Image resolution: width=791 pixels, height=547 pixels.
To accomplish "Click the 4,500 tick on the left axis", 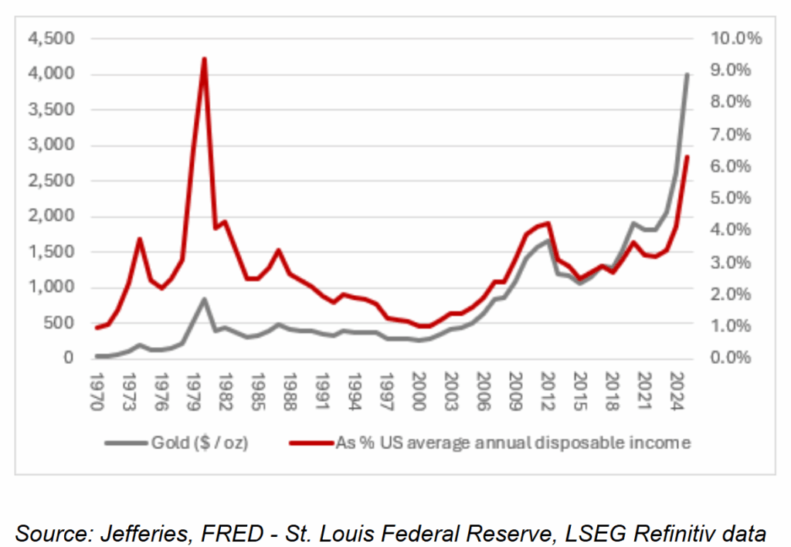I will click(52, 39).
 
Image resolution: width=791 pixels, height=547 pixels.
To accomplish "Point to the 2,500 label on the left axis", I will click(52, 181).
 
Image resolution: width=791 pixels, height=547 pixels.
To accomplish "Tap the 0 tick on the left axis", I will click(68, 358).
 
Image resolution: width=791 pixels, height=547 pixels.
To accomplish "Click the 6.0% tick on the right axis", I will click(737, 166).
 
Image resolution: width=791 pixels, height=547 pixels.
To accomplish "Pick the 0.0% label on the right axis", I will click(737, 358).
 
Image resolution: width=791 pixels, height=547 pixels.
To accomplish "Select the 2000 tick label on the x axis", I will click(418, 384).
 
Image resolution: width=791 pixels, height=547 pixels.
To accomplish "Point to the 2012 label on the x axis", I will click(546, 384).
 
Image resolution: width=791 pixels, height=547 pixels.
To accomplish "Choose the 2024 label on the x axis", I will click(674, 384).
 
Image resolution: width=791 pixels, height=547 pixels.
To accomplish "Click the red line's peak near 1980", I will click(204, 59).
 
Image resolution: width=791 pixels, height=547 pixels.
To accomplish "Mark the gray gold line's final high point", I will click(687, 74).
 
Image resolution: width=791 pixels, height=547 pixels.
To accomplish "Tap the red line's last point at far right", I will click(687, 157).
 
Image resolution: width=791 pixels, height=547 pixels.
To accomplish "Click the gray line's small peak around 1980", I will click(204, 299).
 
